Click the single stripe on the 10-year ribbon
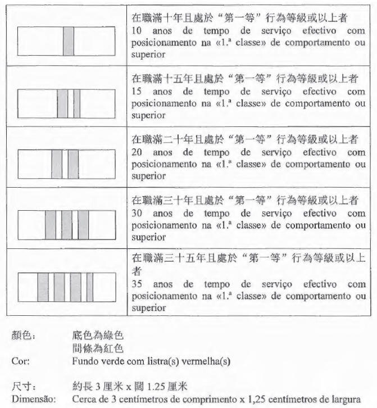pos(69,41)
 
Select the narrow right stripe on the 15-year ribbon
pos(77,103)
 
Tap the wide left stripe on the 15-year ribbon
pos(62,103)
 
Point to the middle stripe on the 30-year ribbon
pos(67,224)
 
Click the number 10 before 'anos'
pos(137,30)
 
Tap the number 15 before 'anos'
pos(137,91)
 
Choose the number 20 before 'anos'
pos(137,152)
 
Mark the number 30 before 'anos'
pos(137,213)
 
